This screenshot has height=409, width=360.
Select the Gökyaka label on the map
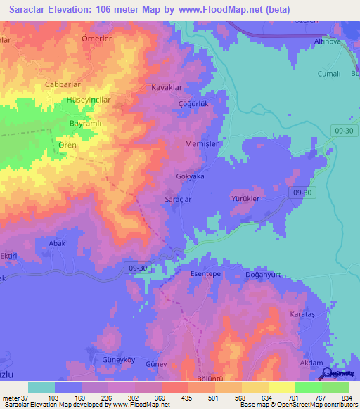(x=189, y=177)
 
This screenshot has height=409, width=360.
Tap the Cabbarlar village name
(x=63, y=84)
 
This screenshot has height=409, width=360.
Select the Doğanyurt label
(x=263, y=275)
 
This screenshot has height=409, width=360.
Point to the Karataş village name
(x=305, y=314)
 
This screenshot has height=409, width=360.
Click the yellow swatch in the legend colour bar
(x=282, y=387)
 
